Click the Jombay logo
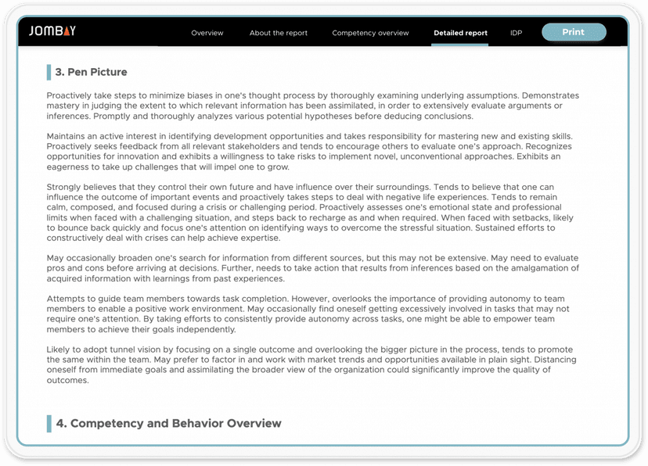pos(52,32)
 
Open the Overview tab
pos(207,33)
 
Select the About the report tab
pos(279,33)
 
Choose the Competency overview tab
pos(370,33)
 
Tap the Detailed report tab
pos(460,33)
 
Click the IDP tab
pos(516,33)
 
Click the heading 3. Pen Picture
pos(91,72)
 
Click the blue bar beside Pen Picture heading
pos(49,73)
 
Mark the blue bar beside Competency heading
pos(49,423)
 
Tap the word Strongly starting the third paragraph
pos(63,187)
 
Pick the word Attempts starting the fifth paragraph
pos(66,299)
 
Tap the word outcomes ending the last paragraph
pos(68,381)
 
